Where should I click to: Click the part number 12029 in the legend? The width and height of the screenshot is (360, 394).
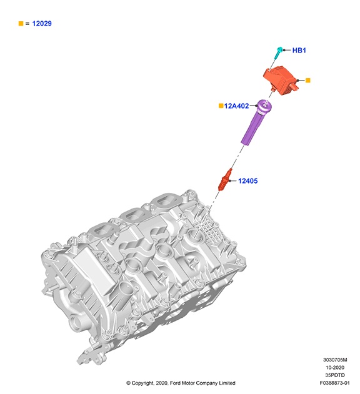coord(42,23)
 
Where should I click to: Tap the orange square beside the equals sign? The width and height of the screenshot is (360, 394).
coord(21,23)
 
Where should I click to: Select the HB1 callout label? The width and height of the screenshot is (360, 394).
coord(299,50)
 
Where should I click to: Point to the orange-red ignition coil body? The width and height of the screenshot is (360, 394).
coord(281,80)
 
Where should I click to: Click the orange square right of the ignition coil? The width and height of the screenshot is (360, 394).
coord(308,81)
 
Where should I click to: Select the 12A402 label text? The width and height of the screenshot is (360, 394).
coord(236,106)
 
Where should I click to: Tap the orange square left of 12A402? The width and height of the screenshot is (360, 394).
coord(221,106)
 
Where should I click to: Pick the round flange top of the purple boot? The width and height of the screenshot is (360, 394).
coord(264,106)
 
